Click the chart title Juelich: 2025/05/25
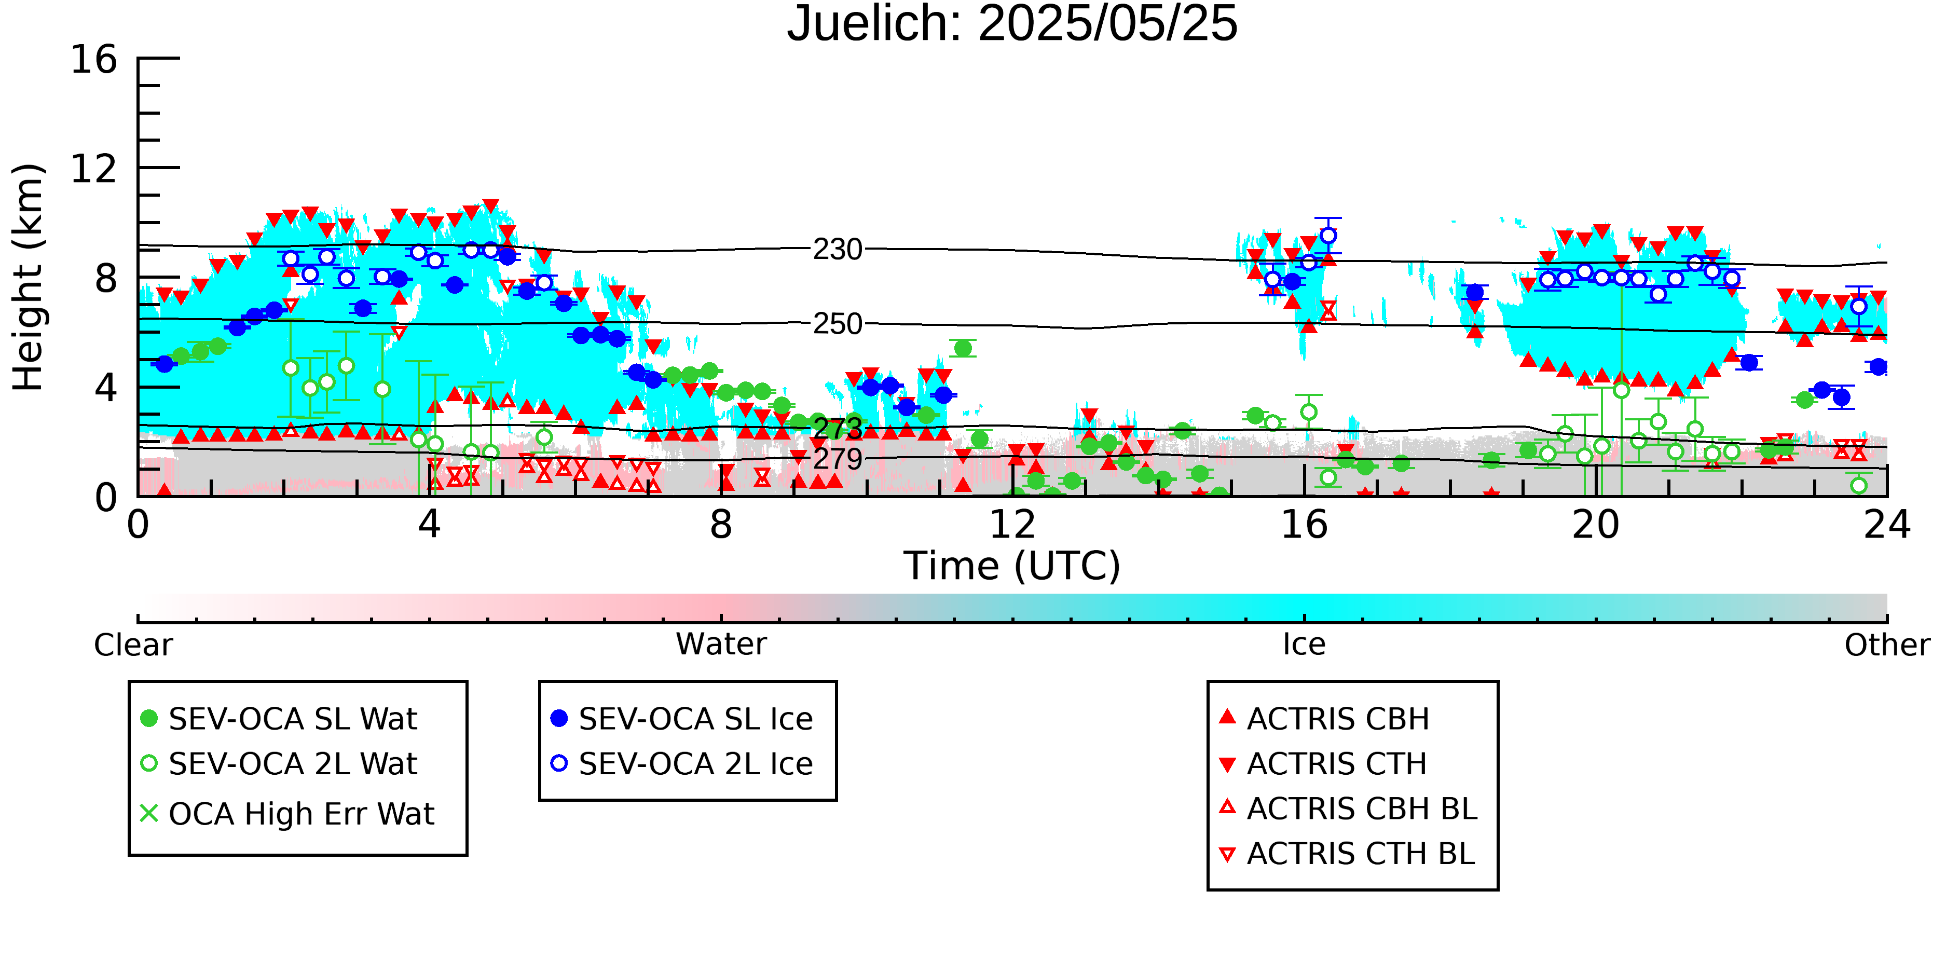[x=1012, y=24]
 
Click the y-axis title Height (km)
[x=29, y=277]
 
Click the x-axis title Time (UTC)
[x=1012, y=566]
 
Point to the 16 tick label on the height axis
[x=94, y=59]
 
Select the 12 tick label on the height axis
[x=94, y=169]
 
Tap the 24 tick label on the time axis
[x=1887, y=524]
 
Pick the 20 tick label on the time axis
[x=1596, y=524]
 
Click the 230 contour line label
[x=838, y=249]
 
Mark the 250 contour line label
[x=838, y=324]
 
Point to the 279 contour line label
[x=838, y=459]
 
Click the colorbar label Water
[x=721, y=645]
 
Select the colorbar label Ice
[x=1304, y=645]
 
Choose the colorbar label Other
[x=1887, y=645]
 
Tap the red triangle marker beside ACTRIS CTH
[x=1228, y=764]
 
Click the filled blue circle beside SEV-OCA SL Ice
[x=559, y=718]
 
